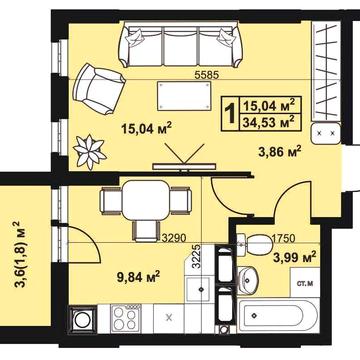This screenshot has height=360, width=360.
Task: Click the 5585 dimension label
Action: [x=206, y=75]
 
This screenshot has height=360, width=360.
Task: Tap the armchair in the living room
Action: [x=98, y=88]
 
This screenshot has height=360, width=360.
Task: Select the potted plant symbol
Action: [x=90, y=151]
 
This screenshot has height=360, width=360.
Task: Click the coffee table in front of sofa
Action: [x=185, y=95]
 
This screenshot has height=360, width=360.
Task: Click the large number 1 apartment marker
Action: [x=230, y=113]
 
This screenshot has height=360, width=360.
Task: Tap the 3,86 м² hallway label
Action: [x=280, y=152]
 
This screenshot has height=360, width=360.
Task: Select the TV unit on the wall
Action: [x=184, y=166]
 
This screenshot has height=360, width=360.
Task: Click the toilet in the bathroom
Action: [x=254, y=244]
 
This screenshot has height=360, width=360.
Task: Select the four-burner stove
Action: [x=125, y=317]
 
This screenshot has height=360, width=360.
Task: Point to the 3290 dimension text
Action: [x=174, y=237]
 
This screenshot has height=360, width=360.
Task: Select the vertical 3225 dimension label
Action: [x=197, y=256]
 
